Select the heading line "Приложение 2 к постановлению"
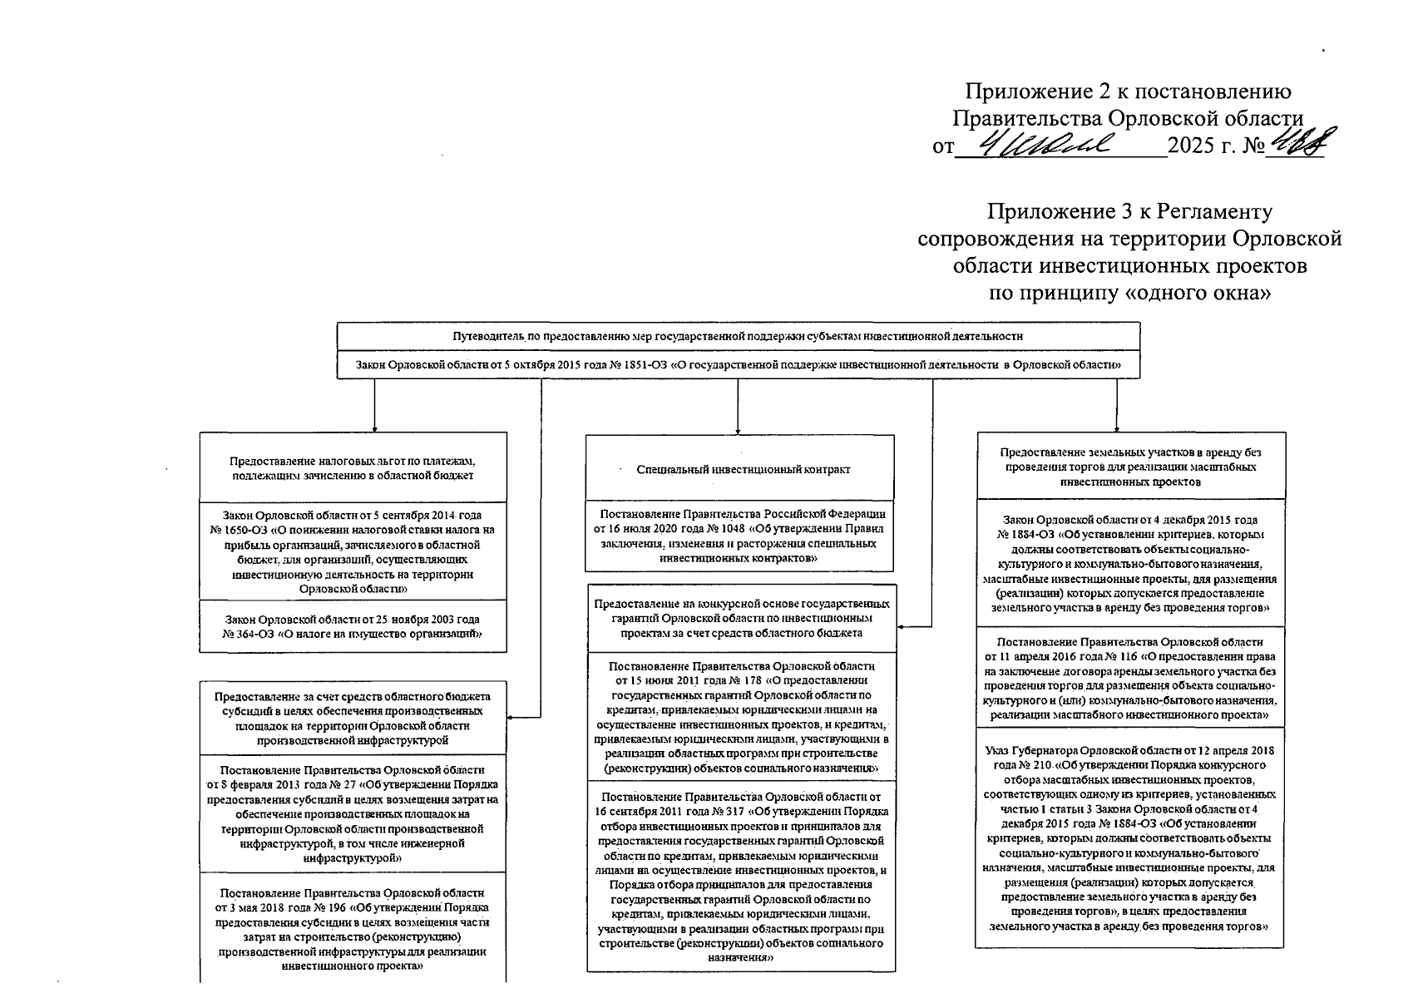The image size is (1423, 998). click(1128, 91)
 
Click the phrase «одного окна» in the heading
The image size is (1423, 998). click(1198, 293)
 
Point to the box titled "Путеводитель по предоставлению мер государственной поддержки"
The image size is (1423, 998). click(738, 337)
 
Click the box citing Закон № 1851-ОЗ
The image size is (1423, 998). click(738, 364)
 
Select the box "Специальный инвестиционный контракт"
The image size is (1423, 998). click(739, 469)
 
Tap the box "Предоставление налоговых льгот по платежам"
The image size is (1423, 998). click(353, 468)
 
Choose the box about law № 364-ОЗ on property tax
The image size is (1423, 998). click(353, 626)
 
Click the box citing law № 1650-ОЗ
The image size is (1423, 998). click(353, 551)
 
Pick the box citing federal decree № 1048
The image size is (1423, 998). click(739, 536)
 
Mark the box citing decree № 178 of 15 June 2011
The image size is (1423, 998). click(742, 717)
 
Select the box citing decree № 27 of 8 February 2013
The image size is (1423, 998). click(353, 813)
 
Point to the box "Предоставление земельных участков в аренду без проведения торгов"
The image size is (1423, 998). click(1131, 467)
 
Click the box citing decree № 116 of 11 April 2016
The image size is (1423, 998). click(1129, 678)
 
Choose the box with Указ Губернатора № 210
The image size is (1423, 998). click(1129, 837)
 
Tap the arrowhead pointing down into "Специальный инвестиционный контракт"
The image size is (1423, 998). click(738, 430)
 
